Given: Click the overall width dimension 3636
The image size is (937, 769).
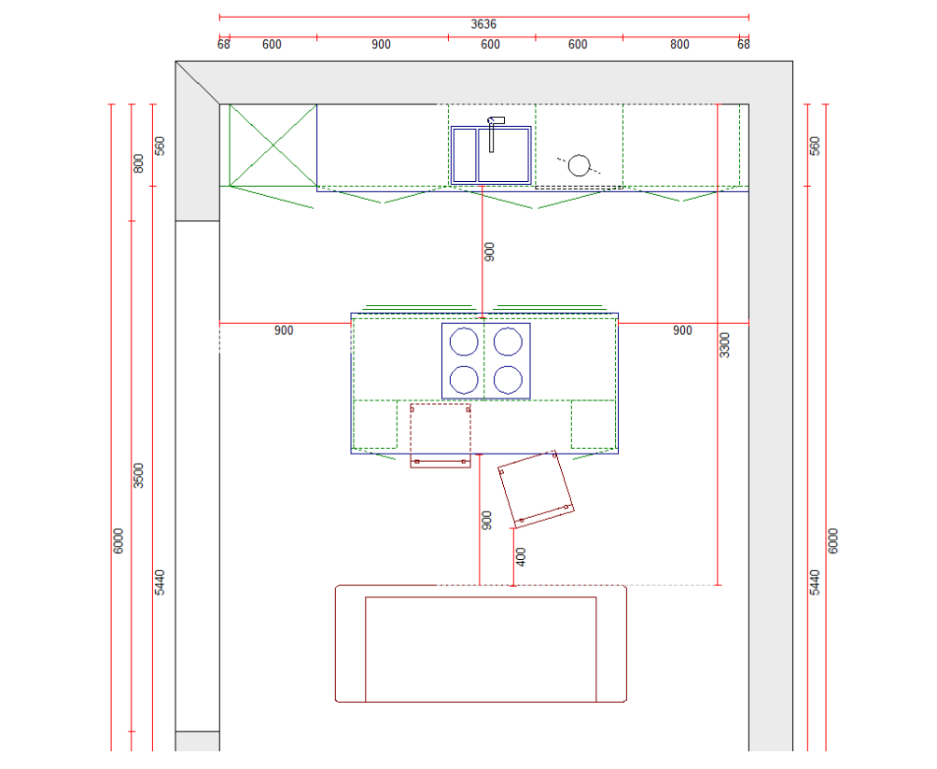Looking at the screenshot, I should tap(483, 24).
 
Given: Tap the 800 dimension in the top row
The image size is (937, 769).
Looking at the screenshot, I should tap(679, 45).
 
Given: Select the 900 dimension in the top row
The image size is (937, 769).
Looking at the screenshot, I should tap(381, 45).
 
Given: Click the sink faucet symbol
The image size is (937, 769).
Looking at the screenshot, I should tap(494, 131).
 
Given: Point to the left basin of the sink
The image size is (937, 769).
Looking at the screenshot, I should tap(465, 155).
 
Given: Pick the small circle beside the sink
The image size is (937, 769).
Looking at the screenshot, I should tap(580, 165).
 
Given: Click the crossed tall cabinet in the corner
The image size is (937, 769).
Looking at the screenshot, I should tap(273, 145).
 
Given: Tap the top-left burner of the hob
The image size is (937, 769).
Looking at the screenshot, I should tap(464, 343).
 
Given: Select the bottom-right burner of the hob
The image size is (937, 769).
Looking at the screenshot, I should tap(508, 380).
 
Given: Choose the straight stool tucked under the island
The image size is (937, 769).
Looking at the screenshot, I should tap(441, 435).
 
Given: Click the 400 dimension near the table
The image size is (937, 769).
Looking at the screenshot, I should tap(521, 556).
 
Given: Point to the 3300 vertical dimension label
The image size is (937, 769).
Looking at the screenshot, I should tap(725, 344).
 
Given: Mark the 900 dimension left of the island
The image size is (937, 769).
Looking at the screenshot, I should tap(284, 331).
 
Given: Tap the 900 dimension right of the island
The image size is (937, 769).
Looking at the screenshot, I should tap(682, 331).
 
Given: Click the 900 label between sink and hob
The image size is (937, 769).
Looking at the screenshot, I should tap(489, 250).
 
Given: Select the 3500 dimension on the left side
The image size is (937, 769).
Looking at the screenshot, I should tap(139, 474).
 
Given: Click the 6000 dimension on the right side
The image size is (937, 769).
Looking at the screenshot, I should tap(833, 540).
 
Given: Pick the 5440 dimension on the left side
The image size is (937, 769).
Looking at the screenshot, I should tap(160, 581).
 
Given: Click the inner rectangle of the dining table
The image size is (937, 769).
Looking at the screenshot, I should tap(480, 649).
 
